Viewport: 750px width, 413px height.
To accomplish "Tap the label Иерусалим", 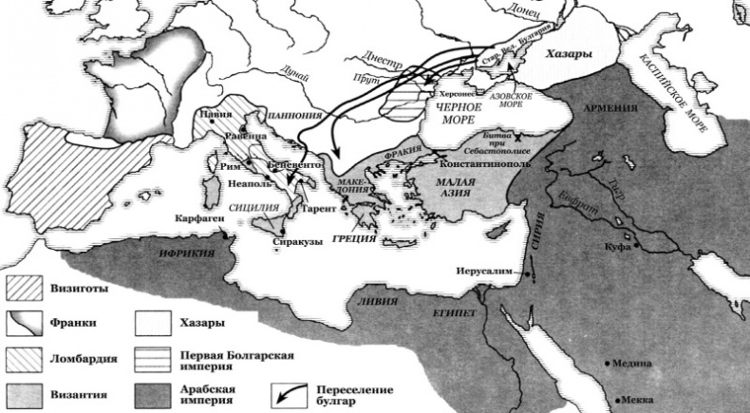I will click(x=484, y=269).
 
